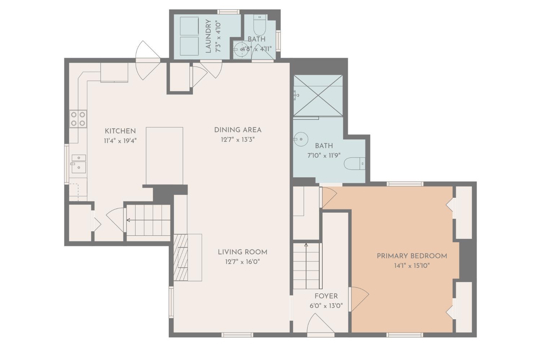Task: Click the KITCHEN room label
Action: click(120, 131)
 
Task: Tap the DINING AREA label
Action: click(238, 130)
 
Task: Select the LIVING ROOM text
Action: click(242, 252)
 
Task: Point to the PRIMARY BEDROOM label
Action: click(412, 256)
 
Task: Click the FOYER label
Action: click(326, 296)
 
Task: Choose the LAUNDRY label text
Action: click(208, 36)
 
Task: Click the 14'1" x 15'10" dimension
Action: click(412, 266)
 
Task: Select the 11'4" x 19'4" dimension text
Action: click(120, 141)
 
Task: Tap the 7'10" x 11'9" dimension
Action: click(324, 156)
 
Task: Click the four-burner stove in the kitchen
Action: click(78, 119)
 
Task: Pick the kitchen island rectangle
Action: click(164, 156)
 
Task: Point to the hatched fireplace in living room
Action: click(181, 257)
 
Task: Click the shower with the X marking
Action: click(318, 95)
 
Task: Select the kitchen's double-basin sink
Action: click(79, 164)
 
